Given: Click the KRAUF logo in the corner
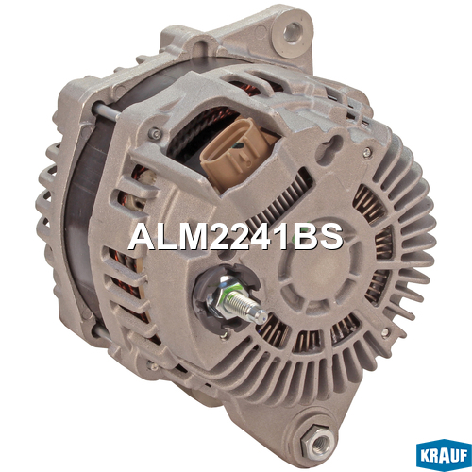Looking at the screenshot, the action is click(x=444, y=455).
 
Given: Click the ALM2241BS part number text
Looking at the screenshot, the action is click(x=235, y=237).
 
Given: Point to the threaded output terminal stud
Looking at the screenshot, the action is click(x=246, y=306).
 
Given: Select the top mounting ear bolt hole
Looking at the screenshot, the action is click(x=293, y=32).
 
